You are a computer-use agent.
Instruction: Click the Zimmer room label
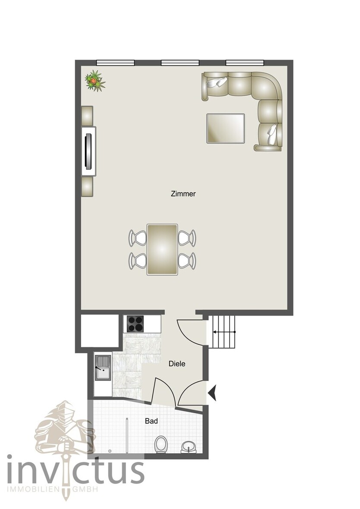pyautogui.click(x=183, y=194)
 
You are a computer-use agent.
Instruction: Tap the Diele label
pyautogui.click(x=177, y=364)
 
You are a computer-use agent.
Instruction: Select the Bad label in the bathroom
pyautogui.click(x=152, y=421)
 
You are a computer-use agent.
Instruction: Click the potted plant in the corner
pyautogui.click(x=95, y=81)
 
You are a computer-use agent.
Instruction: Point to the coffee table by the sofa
pyautogui.click(x=225, y=128)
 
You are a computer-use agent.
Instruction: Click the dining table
pyautogui.click(x=162, y=249)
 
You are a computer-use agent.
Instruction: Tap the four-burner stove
pyautogui.click(x=135, y=324)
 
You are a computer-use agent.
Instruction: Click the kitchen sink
pyautogui.click(x=103, y=368)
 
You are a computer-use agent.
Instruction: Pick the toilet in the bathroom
pyautogui.click(x=161, y=444)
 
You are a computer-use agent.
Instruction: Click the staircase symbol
pyautogui.click(x=224, y=332)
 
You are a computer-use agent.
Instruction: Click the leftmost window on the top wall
pyautogui.click(x=115, y=63)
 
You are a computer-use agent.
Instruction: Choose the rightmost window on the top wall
pyautogui.click(x=245, y=63)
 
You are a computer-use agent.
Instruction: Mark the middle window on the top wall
pyautogui.click(x=180, y=63)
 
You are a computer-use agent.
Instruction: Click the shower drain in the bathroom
pyautogui.click(x=110, y=451)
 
